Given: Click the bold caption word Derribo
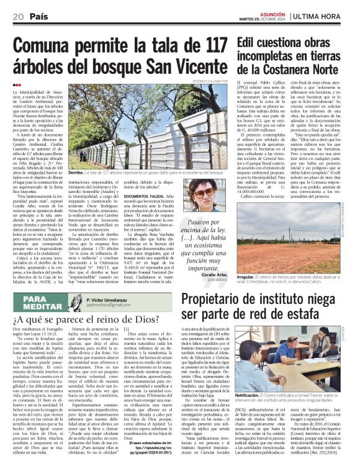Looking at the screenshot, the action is point(76,171).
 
